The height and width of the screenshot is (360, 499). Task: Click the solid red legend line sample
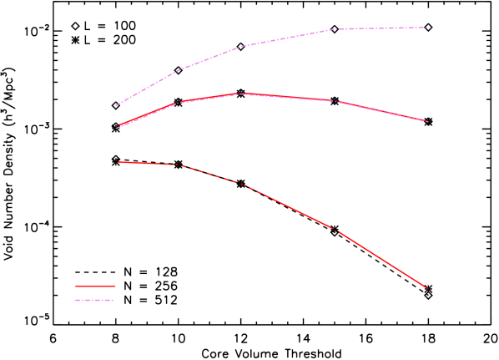(95, 286)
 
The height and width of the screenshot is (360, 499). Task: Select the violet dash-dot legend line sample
(93, 300)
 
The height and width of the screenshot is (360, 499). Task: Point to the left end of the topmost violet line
(116, 106)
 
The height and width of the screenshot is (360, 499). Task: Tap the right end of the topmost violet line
(427, 27)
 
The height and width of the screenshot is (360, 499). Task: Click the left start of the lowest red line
(118, 162)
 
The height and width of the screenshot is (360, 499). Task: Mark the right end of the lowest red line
(427, 288)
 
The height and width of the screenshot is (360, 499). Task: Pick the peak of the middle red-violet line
(243, 94)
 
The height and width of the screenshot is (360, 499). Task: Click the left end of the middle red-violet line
(116, 128)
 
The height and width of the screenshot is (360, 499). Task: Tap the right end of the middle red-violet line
(427, 121)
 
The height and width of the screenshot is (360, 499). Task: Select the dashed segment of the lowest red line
(209, 174)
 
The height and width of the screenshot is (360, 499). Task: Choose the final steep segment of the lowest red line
(381, 258)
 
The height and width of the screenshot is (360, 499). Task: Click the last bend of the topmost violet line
(335, 29)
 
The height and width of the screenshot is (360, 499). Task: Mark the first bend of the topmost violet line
(178, 72)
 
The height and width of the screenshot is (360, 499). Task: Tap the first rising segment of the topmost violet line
(147, 89)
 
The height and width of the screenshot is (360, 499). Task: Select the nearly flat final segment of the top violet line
(381, 28)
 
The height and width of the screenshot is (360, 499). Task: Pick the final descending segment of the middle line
(381, 111)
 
